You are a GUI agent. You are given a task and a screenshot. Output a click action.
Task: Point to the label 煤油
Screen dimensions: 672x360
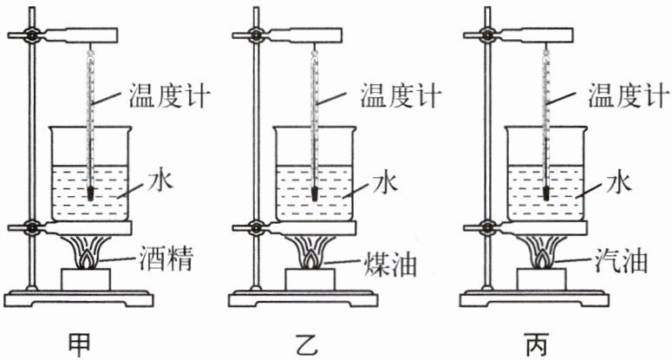[x=390, y=263]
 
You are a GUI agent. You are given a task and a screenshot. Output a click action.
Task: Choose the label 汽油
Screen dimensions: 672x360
[x=621, y=261]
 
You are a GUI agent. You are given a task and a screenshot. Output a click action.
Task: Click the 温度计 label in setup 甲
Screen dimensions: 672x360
[x=169, y=96]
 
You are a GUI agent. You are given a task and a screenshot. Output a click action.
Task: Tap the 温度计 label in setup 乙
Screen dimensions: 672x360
[x=401, y=96]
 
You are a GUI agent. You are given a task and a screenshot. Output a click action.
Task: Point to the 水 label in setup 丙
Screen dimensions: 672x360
[x=619, y=182]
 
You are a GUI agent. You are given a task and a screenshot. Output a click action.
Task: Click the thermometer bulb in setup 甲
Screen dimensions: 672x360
[x=90, y=194]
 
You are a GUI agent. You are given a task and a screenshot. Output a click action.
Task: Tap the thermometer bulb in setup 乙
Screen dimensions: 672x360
[x=315, y=194]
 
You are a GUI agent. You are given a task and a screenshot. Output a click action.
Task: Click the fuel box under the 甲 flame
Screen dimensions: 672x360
[x=86, y=279]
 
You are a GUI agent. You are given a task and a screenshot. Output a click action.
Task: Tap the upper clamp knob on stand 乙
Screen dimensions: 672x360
[x=257, y=35]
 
